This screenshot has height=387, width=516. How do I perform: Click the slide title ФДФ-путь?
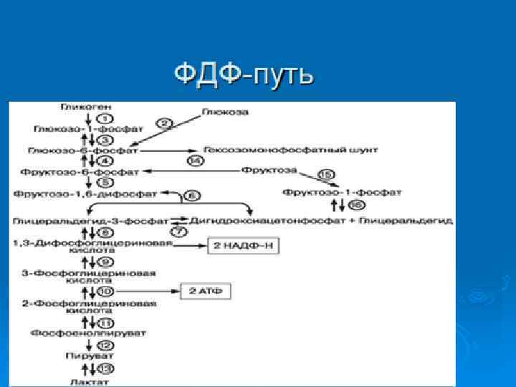[x=244, y=75]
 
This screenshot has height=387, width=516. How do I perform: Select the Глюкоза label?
[x=220, y=111]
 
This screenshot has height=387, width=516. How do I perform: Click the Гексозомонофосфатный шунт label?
[x=290, y=150]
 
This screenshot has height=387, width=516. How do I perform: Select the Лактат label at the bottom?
[x=78, y=381]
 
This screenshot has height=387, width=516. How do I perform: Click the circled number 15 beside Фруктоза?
[x=326, y=174]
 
